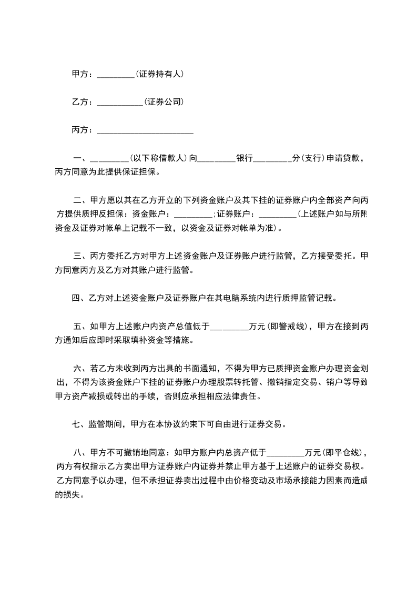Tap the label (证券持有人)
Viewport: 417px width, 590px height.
coord(159,74)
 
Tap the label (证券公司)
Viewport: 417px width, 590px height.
coord(164,101)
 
